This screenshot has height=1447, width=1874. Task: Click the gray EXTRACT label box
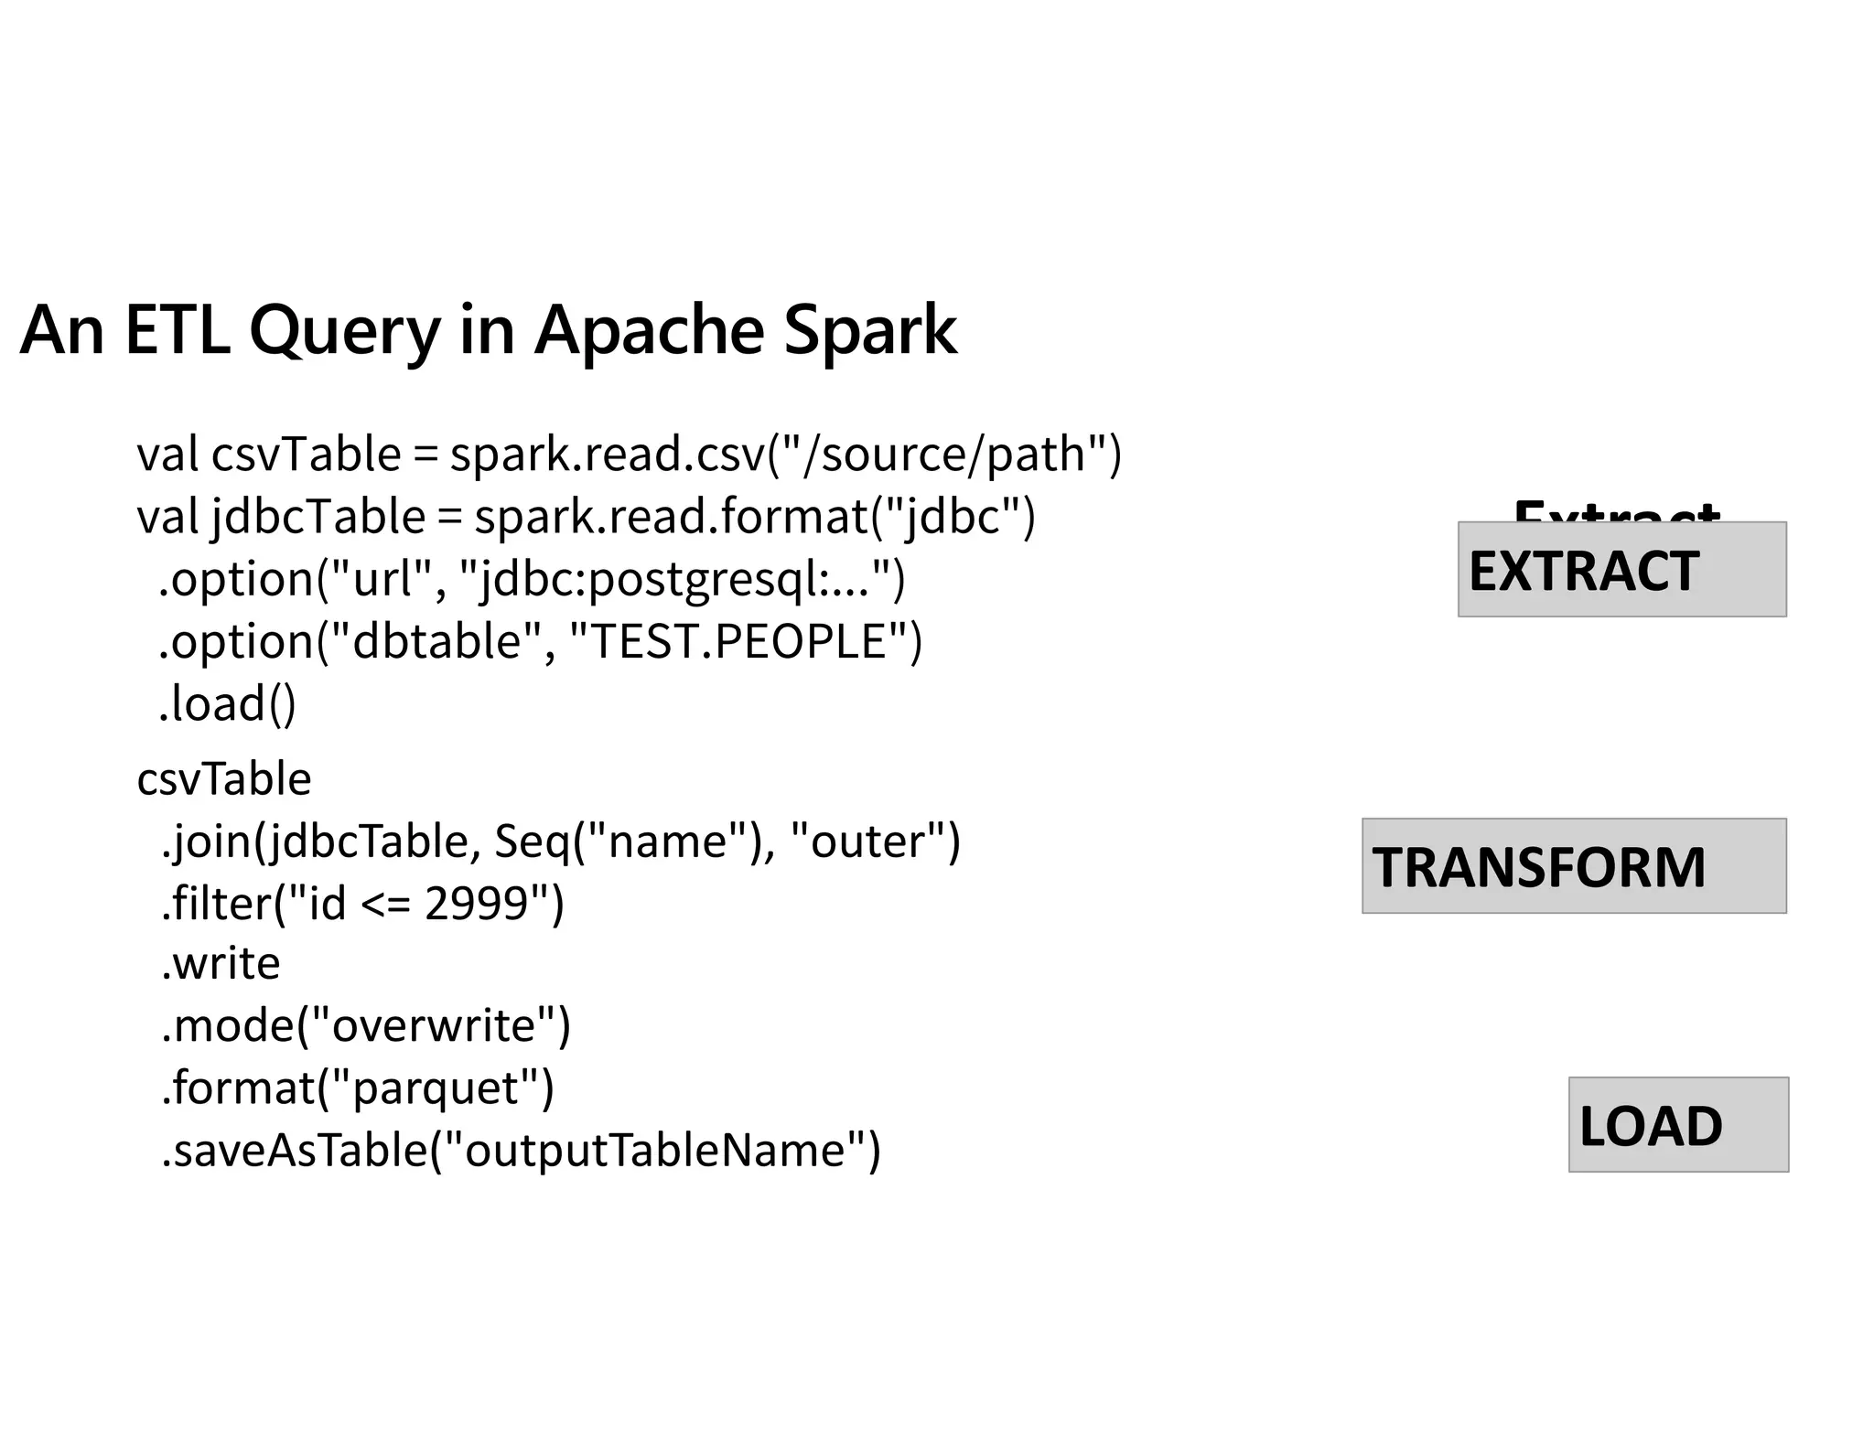pos(1621,570)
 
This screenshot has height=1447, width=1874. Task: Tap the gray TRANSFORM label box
pos(1574,866)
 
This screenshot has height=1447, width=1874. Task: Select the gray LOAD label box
pos(1678,1125)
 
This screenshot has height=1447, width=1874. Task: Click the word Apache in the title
pos(649,329)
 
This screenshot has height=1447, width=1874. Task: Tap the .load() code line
pos(227,703)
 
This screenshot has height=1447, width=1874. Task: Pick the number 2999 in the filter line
pos(477,904)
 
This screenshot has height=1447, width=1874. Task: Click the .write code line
pos(221,964)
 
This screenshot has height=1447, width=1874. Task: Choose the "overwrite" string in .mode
pos(434,1025)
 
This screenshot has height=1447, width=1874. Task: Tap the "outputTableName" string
pos(654,1150)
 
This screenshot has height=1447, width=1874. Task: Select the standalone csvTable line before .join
pos(224,779)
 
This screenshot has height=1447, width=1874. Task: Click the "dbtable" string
pos(435,641)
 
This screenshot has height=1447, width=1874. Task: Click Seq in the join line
pos(532,841)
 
